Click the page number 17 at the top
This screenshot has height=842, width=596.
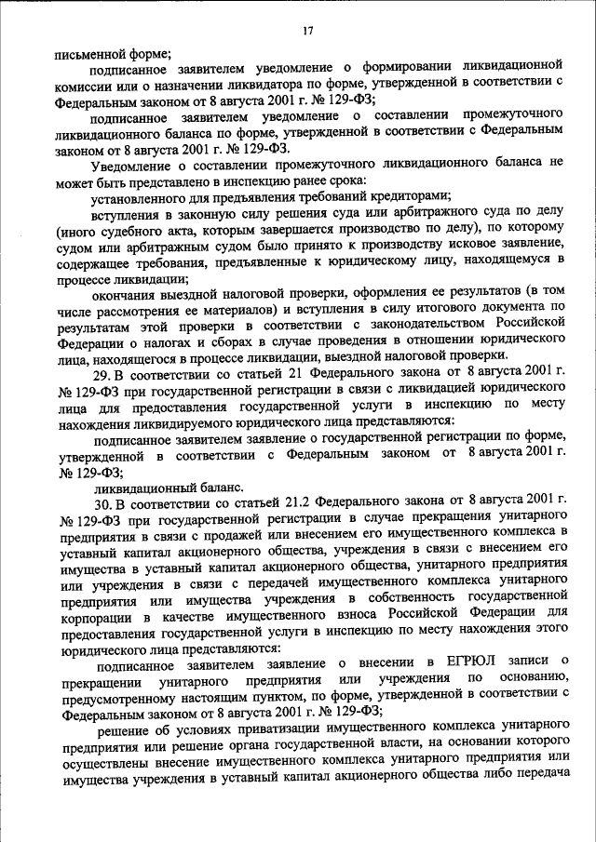click(307, 33)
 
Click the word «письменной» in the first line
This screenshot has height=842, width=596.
click(91, 53)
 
